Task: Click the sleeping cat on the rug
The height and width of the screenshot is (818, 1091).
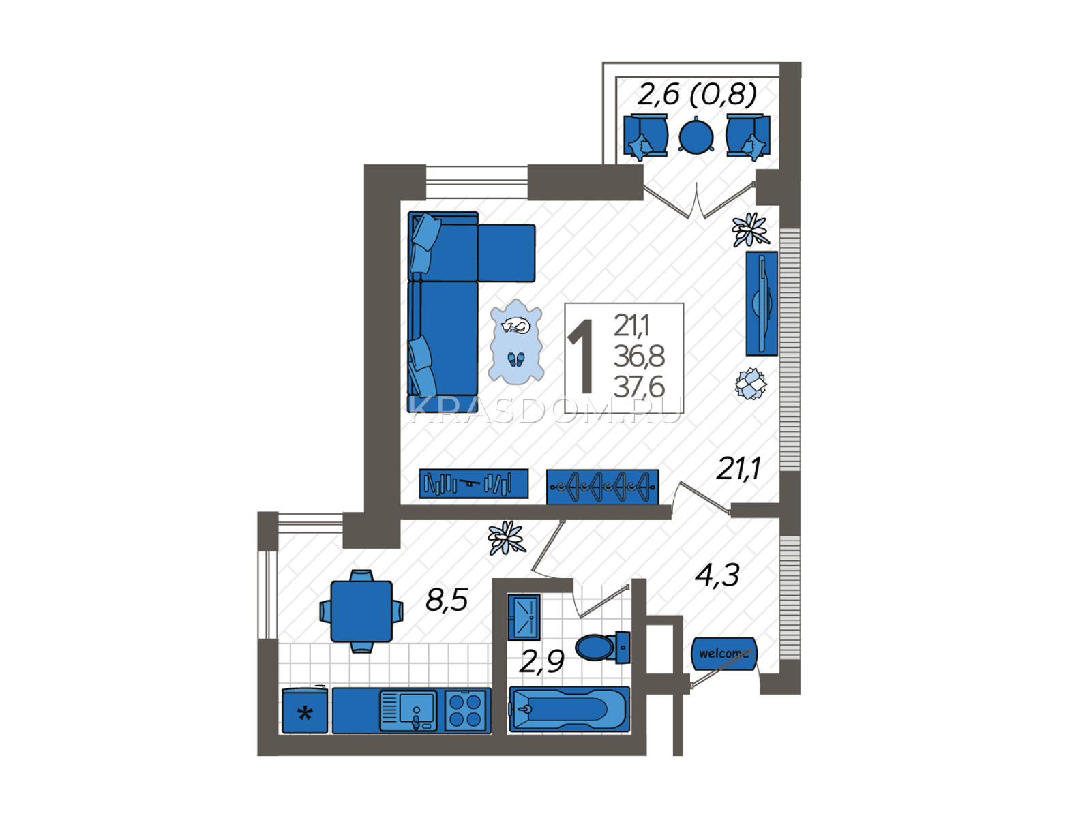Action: [x=516, y=325]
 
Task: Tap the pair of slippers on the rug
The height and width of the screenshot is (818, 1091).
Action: [x=516, y=360]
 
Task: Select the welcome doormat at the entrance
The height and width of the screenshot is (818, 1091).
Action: [x=723, y=654]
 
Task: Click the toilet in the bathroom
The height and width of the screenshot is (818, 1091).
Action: [x=602, y=647]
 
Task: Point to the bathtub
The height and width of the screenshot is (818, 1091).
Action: [x=569, y=709]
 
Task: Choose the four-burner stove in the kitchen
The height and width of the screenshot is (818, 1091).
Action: [x=465, y=711]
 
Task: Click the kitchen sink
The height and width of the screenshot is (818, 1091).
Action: [x=408, y=711]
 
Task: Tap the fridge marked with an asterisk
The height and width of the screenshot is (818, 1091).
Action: [x=305, y=710]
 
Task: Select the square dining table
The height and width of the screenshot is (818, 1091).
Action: [x=361, y=611]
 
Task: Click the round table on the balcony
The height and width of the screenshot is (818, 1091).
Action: [x=696, y=136]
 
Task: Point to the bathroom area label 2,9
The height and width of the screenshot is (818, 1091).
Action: [x=541, y=661]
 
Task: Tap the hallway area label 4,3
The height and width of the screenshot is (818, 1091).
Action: [x=717, y=575]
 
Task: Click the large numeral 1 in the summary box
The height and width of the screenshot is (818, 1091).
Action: [x=581, y=356]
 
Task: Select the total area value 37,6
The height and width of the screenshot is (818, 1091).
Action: [x=639, y=387]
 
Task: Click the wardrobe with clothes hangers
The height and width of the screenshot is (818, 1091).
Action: [x=602, y=487]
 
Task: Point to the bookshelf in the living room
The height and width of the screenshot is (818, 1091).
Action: [x=474, y=483]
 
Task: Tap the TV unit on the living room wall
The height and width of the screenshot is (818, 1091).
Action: [x=762, y=303]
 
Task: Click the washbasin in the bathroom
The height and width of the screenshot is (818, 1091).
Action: [x=524, y=618]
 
